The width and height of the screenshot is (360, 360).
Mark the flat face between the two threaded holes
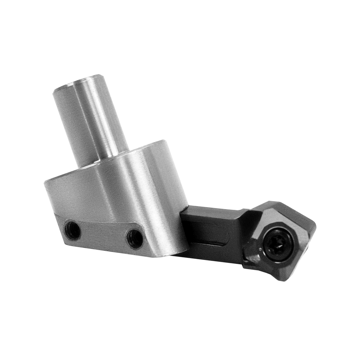pos(104,235)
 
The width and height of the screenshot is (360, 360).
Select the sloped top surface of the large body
pos(109,160)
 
